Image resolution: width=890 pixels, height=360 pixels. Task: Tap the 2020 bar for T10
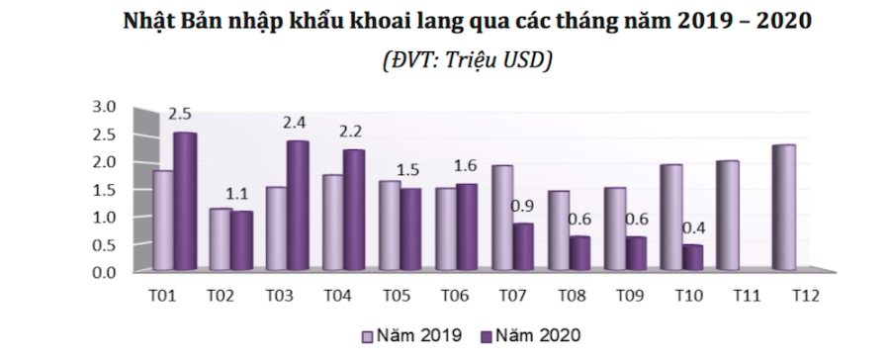click(x=692, y=258)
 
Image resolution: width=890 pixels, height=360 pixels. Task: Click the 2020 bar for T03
click(x=298, y=206)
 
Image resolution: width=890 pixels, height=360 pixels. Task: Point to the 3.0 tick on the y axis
click(x=104, y=106)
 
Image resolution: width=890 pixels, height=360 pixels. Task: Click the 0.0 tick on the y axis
click(x=104, y=272)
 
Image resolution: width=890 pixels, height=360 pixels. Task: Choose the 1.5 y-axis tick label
click(x=104, y=189)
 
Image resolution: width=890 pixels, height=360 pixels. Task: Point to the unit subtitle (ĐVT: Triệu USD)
click(x=466, y=58)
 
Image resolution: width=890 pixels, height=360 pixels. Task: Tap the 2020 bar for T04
click(x=354, y=210)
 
